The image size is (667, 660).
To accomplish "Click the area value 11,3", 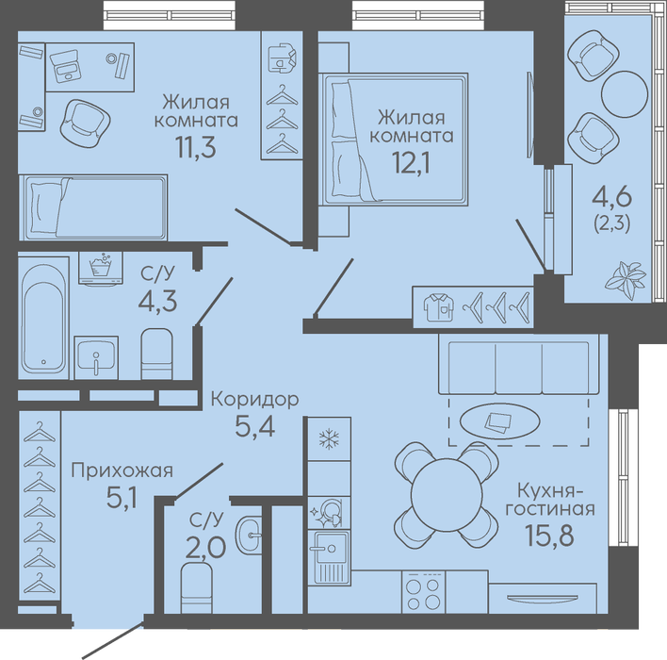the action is (x=196, y=147).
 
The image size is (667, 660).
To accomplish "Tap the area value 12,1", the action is (x=411, y=163).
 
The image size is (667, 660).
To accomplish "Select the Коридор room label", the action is (x=255, y=400).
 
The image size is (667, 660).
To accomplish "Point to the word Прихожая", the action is (x=122, y=471).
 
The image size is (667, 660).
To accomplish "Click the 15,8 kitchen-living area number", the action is (x=549, y=536).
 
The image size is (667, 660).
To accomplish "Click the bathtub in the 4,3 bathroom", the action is (x=44, y=317).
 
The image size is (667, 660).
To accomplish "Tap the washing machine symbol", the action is (x=101, y=268).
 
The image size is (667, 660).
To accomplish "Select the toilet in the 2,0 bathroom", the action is (x=197, y=587).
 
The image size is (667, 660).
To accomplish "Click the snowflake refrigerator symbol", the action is (x=329, y=439).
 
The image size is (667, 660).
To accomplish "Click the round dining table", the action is (x=447, y=494).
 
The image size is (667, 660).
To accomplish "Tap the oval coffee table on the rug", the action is (x=499, y=421).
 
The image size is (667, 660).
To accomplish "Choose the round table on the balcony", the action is (x=625, y=93).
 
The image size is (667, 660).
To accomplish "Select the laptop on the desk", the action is (x=65, y=67).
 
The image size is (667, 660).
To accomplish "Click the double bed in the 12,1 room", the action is (x=395, y=139).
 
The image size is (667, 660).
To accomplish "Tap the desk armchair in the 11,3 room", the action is (x=86, y=124).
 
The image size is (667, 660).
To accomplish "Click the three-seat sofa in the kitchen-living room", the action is (x=518, y=365).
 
